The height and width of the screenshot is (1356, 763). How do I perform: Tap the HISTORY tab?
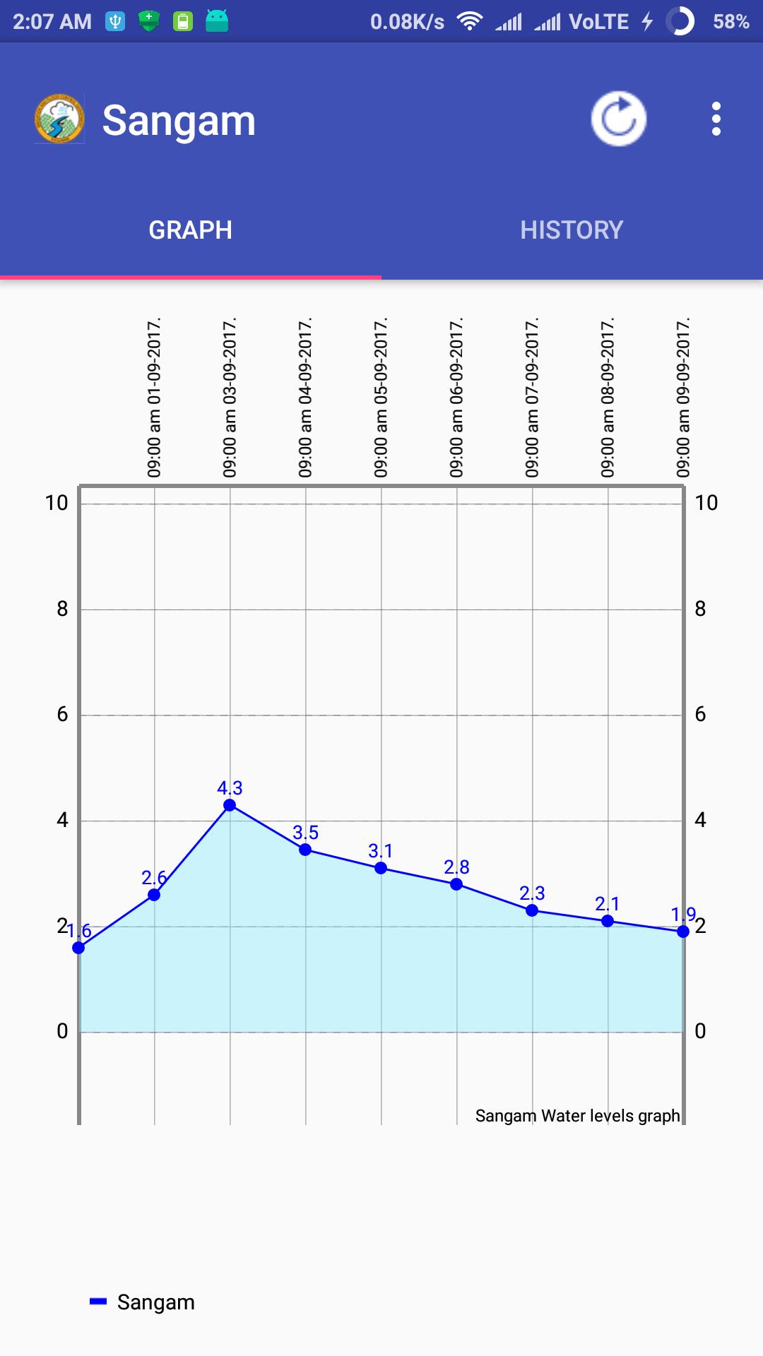[572, 230]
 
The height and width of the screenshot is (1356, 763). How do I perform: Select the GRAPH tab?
[191, 230]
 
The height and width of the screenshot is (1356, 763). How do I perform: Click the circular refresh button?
[618, 119]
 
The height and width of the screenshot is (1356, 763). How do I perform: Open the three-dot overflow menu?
[716, 119]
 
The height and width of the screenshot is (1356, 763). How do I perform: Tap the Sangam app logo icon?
[59, 119]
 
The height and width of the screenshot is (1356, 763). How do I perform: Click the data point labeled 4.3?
[230, 805]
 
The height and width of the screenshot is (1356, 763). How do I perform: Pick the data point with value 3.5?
[305, 850]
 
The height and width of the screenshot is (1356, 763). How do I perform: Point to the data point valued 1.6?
[78, 948]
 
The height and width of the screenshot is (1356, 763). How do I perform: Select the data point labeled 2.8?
[456, 884]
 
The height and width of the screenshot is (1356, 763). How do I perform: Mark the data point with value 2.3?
[532, 910]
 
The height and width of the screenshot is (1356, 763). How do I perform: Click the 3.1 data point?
[381, 868]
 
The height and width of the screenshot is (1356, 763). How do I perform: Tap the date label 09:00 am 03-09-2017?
[230, 398]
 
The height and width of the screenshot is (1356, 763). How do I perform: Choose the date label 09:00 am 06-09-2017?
[456, 398]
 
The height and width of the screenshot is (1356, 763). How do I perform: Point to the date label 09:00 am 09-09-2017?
[683, 398]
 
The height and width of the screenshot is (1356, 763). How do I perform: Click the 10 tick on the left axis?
[57, 503]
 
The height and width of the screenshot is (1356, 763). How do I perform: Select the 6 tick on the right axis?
[700, 714]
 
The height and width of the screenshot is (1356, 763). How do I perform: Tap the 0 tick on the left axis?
[62, 1031]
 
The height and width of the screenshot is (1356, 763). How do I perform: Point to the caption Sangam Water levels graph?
[577, 1116]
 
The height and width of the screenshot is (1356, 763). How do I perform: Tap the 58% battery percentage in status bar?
[731, 21]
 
